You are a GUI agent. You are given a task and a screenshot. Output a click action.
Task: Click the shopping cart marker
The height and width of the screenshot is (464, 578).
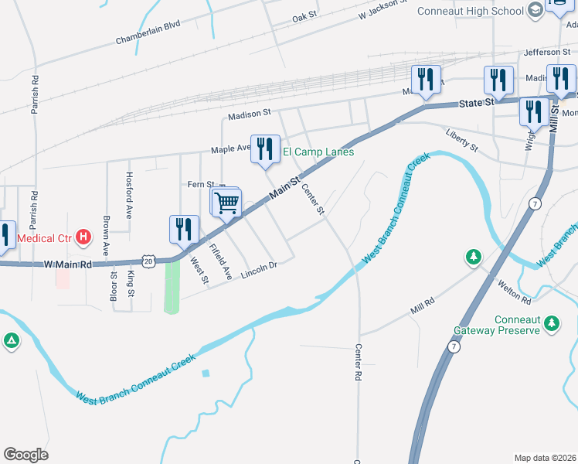click(227, 203)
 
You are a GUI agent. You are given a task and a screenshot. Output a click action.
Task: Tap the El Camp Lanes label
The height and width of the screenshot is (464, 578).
click(318, 152)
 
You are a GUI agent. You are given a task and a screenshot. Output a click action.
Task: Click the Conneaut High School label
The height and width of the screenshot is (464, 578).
click(470, 11)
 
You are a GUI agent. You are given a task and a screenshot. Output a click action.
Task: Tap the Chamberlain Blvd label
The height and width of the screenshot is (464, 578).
click(148, 36)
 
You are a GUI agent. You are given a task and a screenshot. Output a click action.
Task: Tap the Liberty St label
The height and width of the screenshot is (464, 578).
click(462, 140)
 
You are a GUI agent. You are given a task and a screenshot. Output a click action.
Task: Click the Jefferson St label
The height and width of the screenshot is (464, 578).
click(546, 52)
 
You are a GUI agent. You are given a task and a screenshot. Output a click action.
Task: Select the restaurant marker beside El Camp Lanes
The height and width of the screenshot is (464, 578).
click(265, 148)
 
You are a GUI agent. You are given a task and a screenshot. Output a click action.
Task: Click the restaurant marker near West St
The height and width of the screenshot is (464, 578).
click(184, 230)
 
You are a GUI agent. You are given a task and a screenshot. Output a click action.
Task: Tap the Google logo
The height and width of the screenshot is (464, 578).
click(25, 455)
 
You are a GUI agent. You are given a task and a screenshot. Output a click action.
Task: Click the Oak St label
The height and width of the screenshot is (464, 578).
click(304, 16)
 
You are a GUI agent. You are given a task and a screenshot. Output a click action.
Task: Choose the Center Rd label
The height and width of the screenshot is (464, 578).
click(359, 362)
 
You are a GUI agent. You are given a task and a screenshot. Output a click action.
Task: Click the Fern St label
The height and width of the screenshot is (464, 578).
click(200, 184)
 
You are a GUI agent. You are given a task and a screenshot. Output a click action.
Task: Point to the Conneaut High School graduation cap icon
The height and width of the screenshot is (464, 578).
click(535, 11)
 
